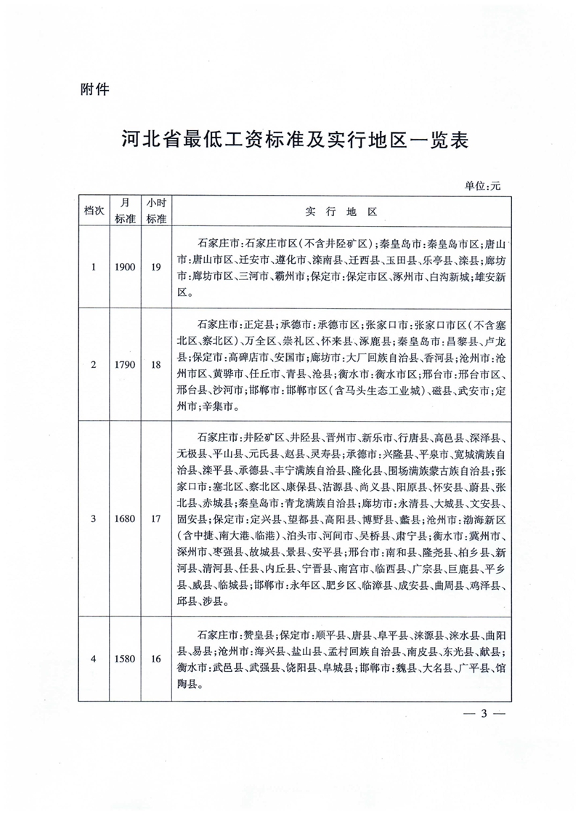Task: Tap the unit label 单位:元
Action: tap(483, 185)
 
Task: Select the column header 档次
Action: tap(93, 211)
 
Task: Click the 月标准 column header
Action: tap(125, 211)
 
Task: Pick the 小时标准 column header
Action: tap(156, 211)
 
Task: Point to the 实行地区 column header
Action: tap(341, 212)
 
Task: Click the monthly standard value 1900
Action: tap(125, 267)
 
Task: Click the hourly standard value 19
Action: tap(156, 267)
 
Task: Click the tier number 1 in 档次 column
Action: tap(93, 267)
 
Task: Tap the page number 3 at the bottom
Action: tap(483, 713)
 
